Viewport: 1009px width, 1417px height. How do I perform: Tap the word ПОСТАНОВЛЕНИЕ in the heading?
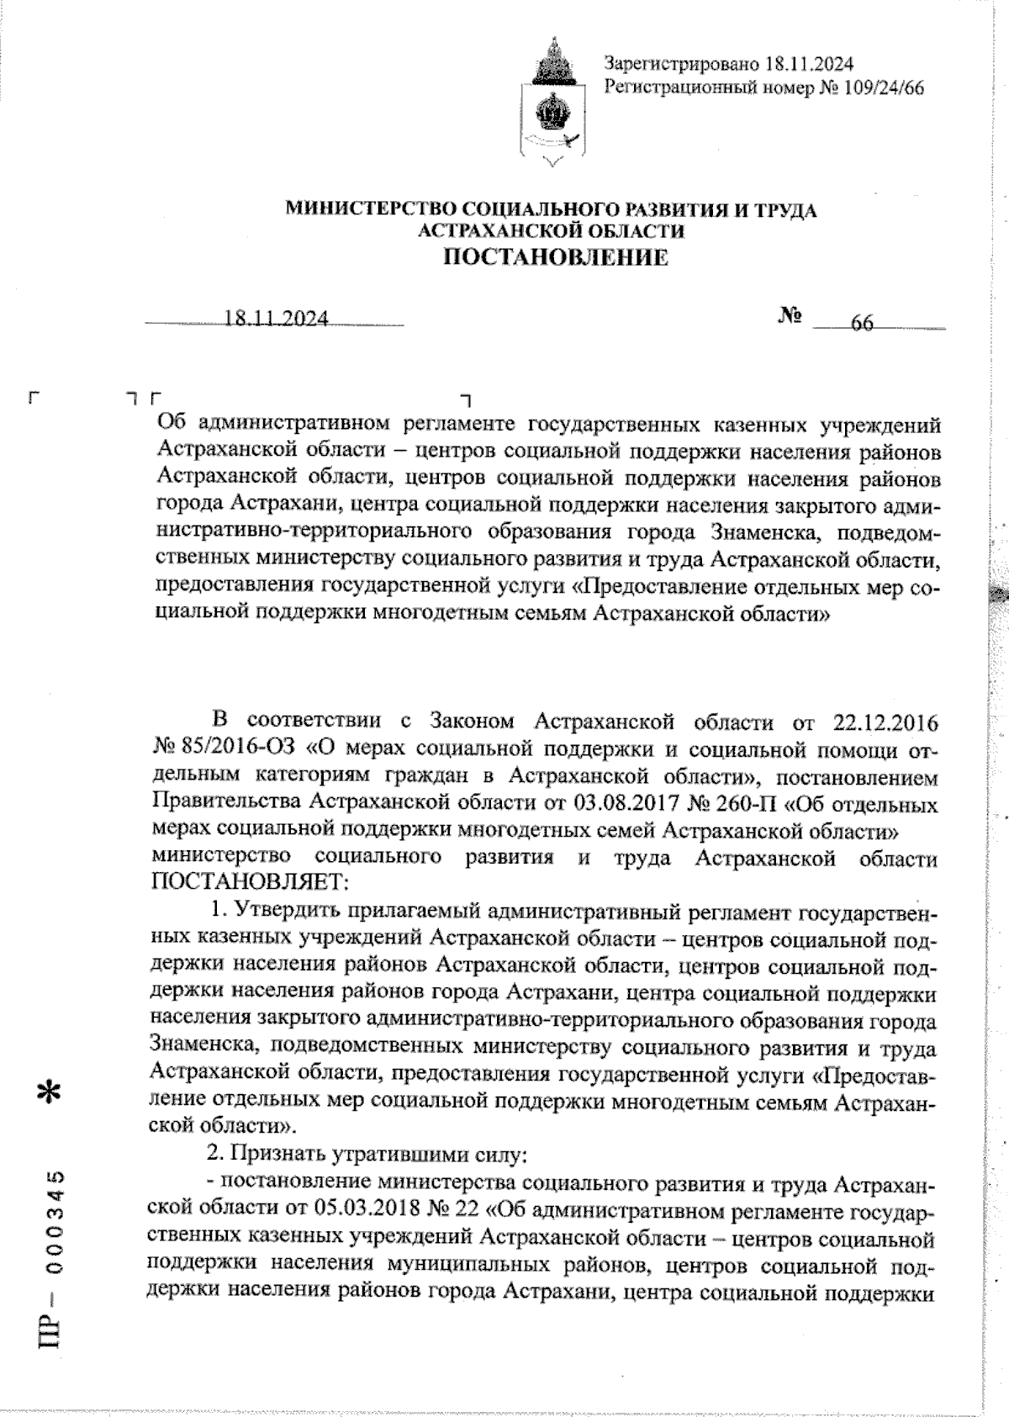point(556,256)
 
